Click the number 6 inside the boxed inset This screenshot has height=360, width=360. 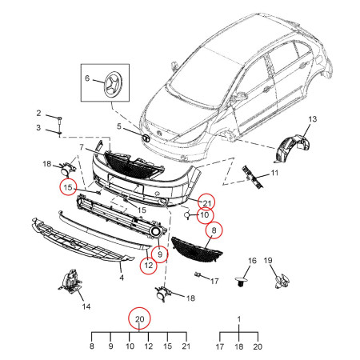[87, 78]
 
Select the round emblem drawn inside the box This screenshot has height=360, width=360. [114, 84]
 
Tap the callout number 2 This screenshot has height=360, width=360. [38, 113]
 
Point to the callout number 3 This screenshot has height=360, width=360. [38, 127]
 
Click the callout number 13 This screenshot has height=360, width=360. [313, 119]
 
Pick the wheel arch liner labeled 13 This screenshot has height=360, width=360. [290, 149]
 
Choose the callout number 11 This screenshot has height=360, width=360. [274, 173]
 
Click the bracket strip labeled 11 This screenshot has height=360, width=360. [252, 178]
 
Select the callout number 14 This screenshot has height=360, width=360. [86, 306]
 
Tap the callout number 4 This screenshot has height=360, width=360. [122, 278]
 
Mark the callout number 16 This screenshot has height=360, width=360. [252, 261]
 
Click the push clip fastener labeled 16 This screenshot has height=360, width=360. [242, 282]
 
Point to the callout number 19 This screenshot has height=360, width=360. [268, 260]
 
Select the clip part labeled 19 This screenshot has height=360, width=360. [282, 281]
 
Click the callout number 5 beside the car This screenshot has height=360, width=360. [119, 126]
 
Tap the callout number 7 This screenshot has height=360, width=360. [82, 147]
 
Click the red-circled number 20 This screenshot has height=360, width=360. [139, 319]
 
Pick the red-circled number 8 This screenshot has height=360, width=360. [214, 230]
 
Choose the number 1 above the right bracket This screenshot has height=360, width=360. [239, 319]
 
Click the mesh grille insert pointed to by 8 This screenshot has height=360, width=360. [197, 250]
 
